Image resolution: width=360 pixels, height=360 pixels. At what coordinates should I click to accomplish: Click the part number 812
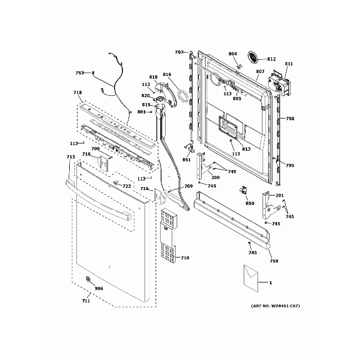point(271,59)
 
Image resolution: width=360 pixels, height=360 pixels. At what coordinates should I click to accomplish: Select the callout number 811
point(289,64)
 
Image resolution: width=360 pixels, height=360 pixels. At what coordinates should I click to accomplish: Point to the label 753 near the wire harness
point(80,73)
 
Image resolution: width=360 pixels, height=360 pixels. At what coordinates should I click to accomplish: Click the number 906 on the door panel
point(99,289)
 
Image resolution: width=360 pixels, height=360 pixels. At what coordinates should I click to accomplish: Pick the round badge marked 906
point(88,280)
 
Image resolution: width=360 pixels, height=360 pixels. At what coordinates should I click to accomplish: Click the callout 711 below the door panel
point(86,301)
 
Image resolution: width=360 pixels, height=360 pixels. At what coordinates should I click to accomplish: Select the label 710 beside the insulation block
point(184,258)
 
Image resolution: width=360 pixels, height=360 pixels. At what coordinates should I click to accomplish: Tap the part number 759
point(274,261)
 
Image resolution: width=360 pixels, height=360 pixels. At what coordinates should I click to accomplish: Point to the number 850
point(250,203)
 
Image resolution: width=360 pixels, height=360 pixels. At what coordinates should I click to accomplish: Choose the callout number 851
point(187,160)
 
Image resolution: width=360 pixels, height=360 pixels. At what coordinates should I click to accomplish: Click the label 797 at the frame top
point(179,52)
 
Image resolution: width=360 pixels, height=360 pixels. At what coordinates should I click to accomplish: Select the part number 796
point(290,119)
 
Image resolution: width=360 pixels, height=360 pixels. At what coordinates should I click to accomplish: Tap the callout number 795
point(290,166)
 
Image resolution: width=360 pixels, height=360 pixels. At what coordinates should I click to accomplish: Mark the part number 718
point(78,92)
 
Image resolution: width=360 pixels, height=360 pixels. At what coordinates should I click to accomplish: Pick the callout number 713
point(70,157)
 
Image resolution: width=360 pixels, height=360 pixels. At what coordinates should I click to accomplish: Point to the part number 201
point(279,196)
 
